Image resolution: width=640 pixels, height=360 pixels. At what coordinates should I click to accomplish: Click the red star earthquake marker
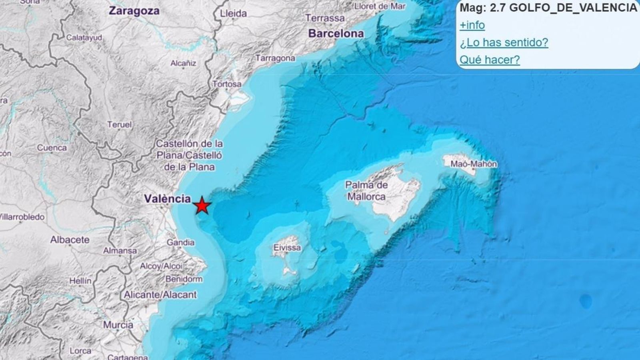pyautogui.click(x=202, y=206)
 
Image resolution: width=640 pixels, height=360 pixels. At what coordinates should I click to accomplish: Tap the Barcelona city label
pyautogui.click(x=336, y=34)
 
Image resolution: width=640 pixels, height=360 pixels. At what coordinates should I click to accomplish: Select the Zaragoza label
pyautogui.click(x=134, y=11)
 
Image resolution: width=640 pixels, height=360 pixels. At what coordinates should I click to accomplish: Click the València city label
pyautogui.click(x=167, y=198)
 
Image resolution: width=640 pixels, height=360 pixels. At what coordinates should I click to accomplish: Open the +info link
pyautogui.click(x=472, y=25)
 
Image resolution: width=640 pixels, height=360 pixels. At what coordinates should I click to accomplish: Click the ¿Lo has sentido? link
pyautogui.click(x=504, y=42)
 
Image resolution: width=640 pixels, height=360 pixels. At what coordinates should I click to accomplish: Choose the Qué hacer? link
pyautogui.click(x=490, y=60)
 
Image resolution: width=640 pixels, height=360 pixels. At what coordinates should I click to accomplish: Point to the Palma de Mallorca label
pyautogui.click(x=366, y=191)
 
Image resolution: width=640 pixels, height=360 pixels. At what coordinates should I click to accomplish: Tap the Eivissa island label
pyautogui.click(x=287, y=248)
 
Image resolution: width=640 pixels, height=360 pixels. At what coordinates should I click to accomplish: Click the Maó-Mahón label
pyautogui.click(x=474, y=164)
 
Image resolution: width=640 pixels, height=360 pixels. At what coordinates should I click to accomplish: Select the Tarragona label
pyautogui.click(x=275, y=58)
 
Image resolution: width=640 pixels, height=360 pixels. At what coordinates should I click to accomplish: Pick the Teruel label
pyautogui.click(x=119, y=125)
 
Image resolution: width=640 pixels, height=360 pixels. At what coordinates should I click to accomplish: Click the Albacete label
pyautogui.click(x=70, y=240)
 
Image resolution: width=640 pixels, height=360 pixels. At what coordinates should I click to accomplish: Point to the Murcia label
pyautogui.click(x=118, y=325)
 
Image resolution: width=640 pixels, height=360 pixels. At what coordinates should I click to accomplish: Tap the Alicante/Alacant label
pyautogui.click(x=160, y=295)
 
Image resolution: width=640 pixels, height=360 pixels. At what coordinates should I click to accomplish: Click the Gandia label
pyautogui.click(x=180, y=242)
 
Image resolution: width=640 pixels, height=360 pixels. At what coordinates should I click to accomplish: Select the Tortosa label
pyautogui.click(x=227, y=84)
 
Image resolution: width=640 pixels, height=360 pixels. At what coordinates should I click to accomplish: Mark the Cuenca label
pyautogui.click(x=52, y=148)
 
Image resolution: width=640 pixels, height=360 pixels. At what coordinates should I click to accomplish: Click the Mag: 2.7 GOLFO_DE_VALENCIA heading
pyautogui.click(x=548, y=8)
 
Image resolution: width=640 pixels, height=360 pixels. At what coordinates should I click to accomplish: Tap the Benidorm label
pyautogui.click(x=184, y=279)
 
